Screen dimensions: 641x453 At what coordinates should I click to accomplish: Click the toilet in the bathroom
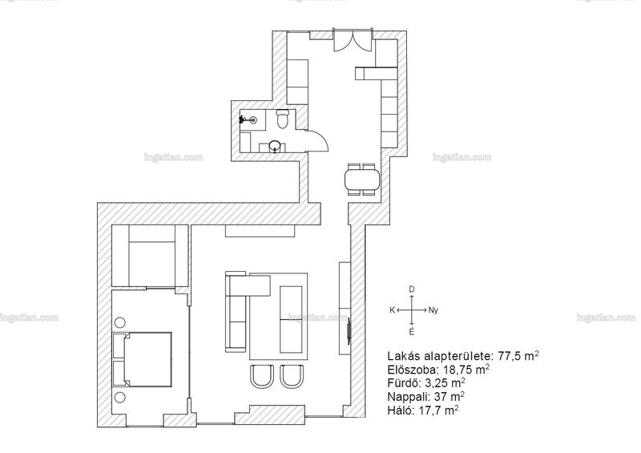[x=283, y=119]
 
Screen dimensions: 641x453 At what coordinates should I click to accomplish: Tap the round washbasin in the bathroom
[x=274, y=145]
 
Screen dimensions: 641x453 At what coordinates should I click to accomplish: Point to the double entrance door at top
[x=353, y=40]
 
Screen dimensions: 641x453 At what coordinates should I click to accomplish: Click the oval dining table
[x=362, y=180]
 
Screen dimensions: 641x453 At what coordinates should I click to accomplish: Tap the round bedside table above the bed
[x=119, y=322]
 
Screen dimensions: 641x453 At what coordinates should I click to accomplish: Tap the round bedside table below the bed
[x=119, y=397]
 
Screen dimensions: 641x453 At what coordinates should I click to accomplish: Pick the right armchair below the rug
[x=292, y=376]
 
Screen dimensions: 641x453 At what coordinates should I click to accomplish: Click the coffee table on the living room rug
[x=291, y=320]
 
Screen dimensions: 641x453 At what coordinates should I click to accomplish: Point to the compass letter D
[x=411, y=289]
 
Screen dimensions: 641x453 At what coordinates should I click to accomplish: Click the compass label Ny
[x=433, y=310]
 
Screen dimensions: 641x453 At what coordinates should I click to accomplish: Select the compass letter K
[x=392, y=310]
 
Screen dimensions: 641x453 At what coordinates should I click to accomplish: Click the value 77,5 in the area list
[x=510, y=356]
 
